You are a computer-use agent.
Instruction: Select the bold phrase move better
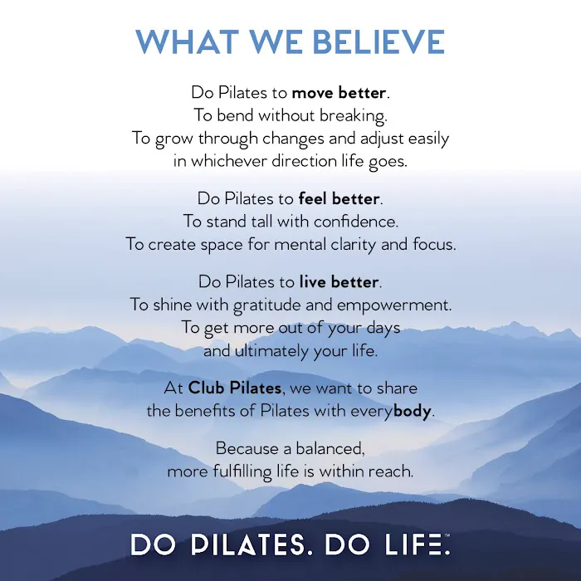(339, 92)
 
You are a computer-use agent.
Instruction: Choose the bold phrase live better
(339, 282)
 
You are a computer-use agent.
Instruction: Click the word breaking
(356, 115)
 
